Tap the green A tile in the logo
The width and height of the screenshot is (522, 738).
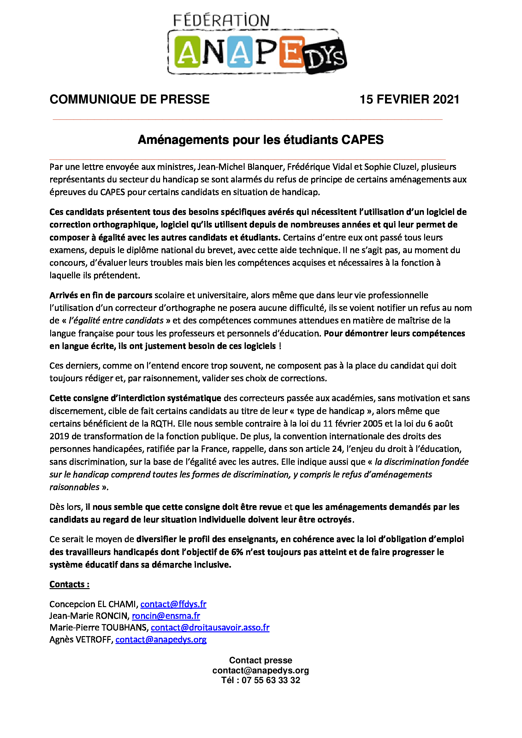(x=187, y=52)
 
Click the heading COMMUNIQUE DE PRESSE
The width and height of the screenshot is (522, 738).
(x=129, y=99)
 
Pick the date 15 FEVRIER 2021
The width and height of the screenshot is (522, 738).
(x=409, y=99)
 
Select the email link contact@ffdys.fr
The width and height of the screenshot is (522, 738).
(x=173, y=604)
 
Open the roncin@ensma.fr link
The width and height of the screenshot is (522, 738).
(x=166, y=616)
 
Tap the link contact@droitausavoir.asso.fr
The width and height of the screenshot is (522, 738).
(x=210, y=628)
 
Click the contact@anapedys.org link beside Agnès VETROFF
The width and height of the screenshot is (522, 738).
(x=161, y=639)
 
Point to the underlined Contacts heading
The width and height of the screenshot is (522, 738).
(x=69, y=584)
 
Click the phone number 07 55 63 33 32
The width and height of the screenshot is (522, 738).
(x=271, y=680)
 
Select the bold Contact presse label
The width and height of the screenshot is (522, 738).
(x=261, y=660)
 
